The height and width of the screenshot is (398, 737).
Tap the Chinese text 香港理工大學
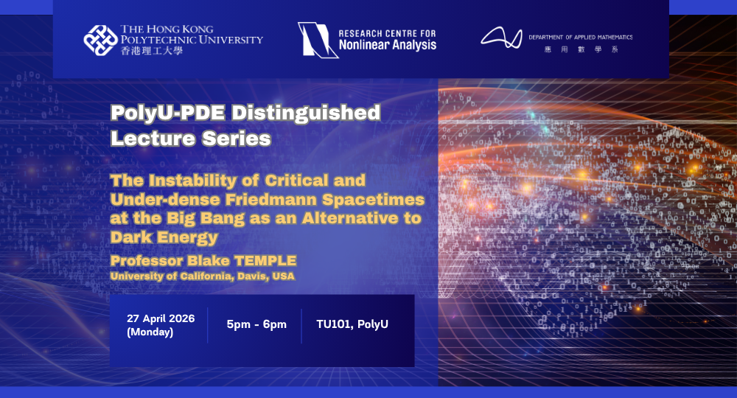(151, 52)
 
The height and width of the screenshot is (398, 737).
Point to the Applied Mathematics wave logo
(501, 38)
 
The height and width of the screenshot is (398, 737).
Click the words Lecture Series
(190, 138)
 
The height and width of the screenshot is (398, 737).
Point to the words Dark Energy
(164, 237)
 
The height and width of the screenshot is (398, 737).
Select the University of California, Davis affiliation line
(202, 276)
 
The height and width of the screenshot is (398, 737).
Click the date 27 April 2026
(161, 319)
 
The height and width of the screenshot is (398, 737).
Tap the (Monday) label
(150, 332)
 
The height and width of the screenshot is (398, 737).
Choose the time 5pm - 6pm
(256, 324)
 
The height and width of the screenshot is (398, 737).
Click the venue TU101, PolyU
(352, 324)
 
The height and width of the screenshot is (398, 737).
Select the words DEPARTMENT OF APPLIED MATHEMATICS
(580, 37)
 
